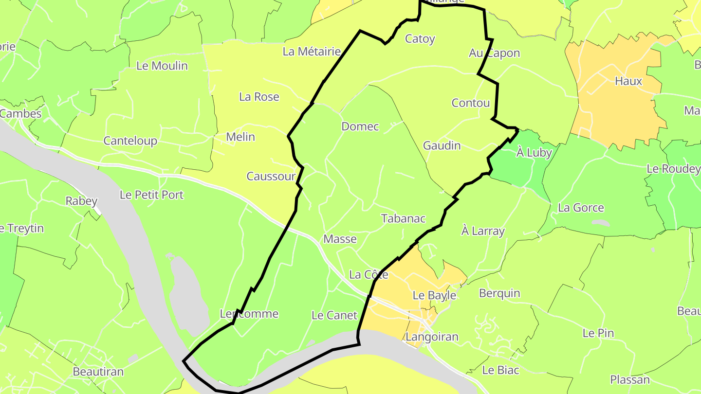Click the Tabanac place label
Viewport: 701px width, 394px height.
click(x=404, y=218)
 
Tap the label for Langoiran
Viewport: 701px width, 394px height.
click(x=432, y=337)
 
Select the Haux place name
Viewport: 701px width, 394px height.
click(x=628, y=81)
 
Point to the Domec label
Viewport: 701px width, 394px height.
click(x=360, y=126)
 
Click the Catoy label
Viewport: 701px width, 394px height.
click(x=420, y=39)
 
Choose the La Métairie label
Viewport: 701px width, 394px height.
click(x=312, y=51)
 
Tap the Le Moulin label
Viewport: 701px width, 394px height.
click(x=162, y=66)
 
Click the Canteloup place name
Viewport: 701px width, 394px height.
click(x=130, y=141)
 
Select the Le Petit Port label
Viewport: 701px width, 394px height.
click(x=151, y=195)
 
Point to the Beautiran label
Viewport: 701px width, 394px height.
click(x=98, y=372)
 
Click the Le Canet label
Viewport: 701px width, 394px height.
click(x=334, y=315)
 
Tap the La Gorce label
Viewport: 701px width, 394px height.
click(x=581, y=208)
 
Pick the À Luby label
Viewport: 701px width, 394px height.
click(x=534, y=153)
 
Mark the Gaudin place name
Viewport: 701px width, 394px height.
click(x=442, y=145)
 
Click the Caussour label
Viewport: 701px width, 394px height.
click(x=271, y=176)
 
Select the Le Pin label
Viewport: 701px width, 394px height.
click(x=598, y=333)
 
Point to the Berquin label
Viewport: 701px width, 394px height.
click(x=499, y=293)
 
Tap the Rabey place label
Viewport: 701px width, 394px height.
click(x=81, y=201)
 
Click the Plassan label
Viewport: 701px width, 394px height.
click(x=630, y=379)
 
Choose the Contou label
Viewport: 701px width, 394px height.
click(x=471, y=103)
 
